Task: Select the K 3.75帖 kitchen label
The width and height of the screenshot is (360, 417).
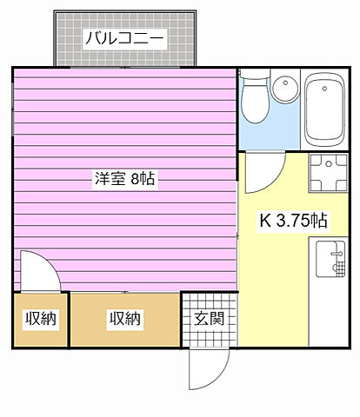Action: point(294,220)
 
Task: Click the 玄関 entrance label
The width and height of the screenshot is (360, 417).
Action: point(209,318)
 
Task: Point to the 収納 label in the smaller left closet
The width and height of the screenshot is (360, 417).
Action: point(40,319)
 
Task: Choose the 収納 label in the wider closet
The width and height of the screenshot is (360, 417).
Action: point(124,319)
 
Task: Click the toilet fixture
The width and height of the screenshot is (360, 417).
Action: point(254,101)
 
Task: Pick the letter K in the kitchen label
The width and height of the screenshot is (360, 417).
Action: point(264,220)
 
